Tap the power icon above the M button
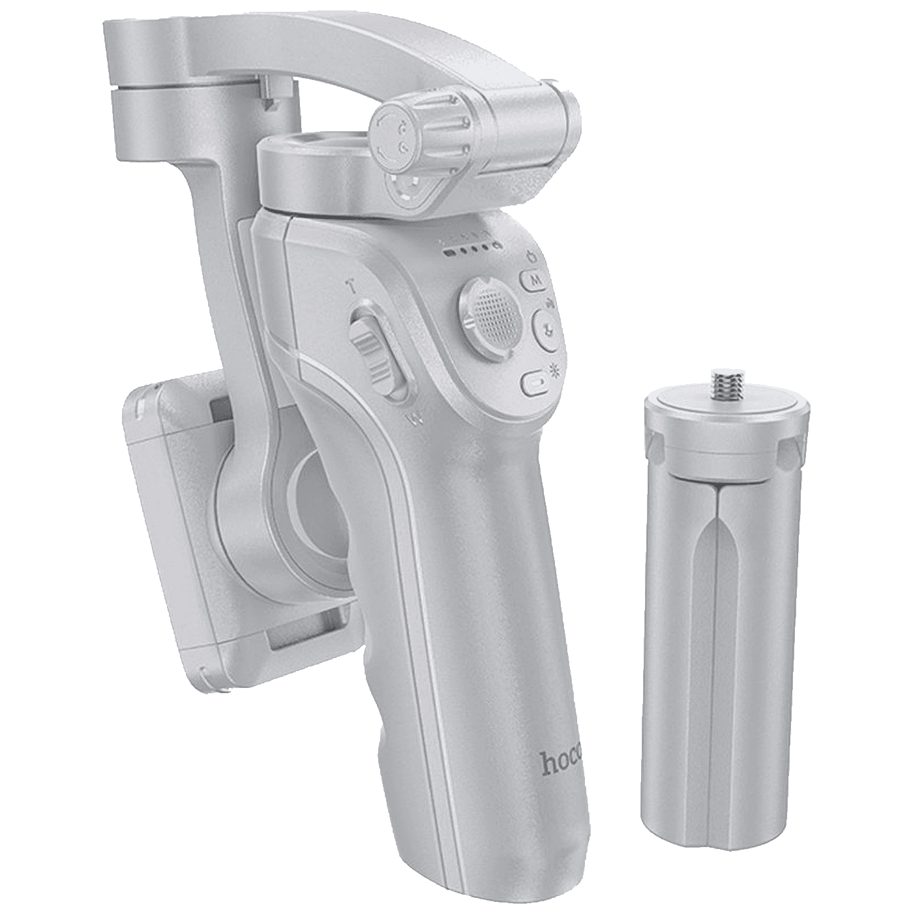pos(531,257)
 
